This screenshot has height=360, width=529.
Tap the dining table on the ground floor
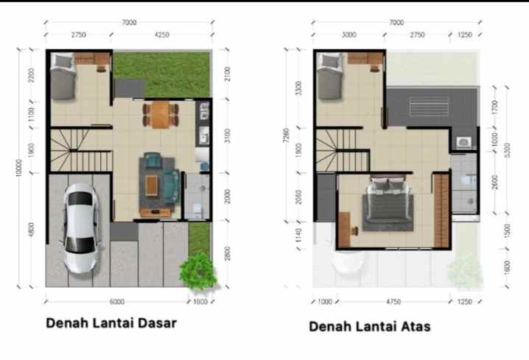(x=160, y=114)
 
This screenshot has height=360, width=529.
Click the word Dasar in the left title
(x=154, y=322)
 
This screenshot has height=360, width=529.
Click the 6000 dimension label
(x=116, y=301)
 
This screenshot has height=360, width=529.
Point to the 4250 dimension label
(x=162, y=34)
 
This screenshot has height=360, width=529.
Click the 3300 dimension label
(x=298, y=88)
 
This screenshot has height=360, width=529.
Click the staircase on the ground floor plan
(x=80, y=149)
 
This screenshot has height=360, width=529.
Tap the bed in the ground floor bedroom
(x=63, y=80)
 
